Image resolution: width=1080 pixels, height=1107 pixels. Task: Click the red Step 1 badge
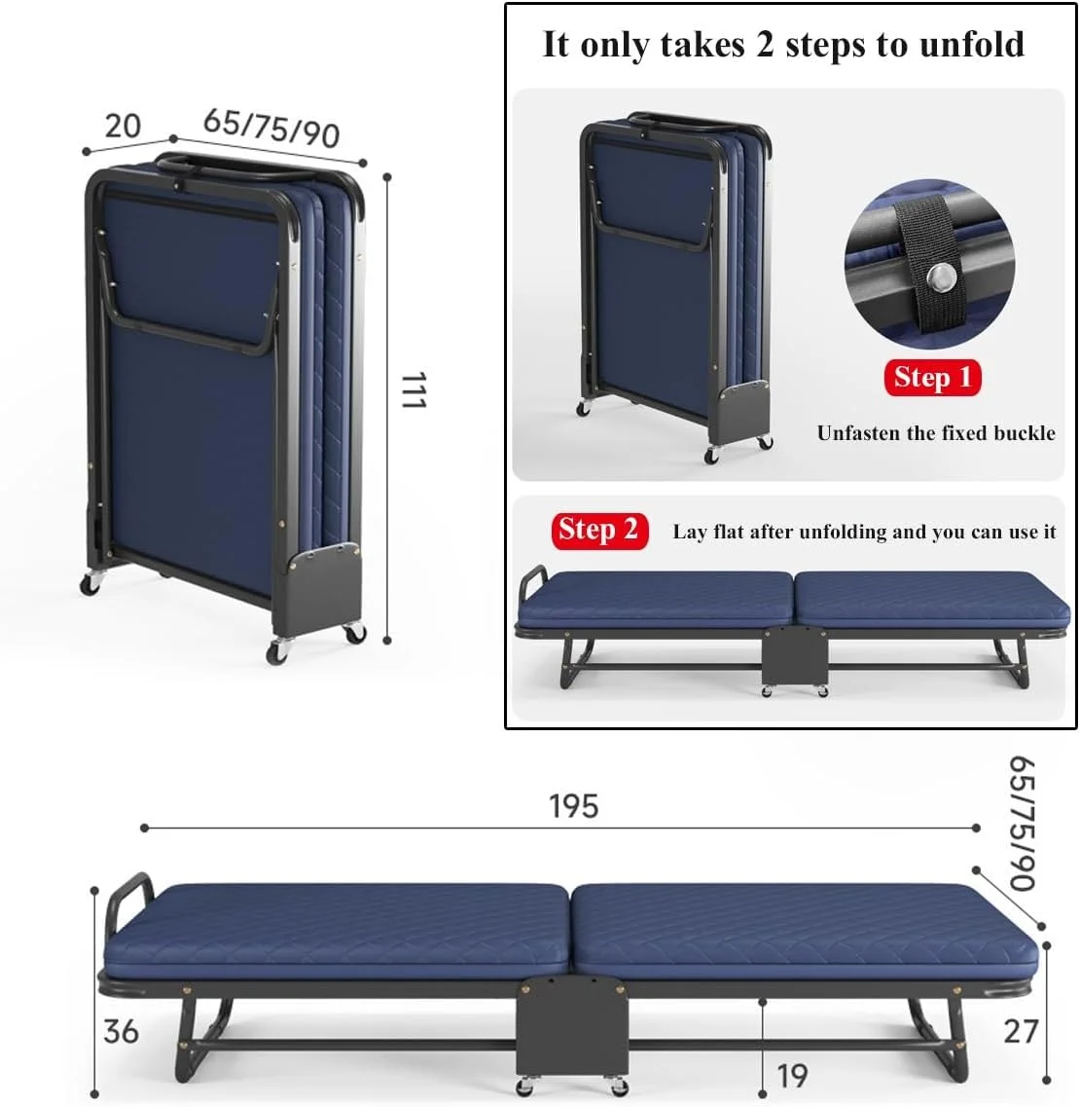[932, 377]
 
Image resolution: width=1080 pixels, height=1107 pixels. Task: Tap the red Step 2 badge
[599, 531]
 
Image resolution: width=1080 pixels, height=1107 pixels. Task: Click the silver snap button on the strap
[939, 277]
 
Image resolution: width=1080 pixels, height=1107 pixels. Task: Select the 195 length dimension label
[573, 806]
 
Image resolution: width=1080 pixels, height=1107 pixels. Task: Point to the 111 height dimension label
[414, 389]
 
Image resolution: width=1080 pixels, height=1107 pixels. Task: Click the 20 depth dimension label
[123, 127]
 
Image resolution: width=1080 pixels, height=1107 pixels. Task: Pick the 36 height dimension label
[121, 1031]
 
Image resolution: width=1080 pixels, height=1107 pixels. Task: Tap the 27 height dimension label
[1021, 1031]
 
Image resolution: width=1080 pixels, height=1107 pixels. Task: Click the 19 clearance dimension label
[791, 1076]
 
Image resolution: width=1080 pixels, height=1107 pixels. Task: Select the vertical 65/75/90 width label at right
[1023, 823]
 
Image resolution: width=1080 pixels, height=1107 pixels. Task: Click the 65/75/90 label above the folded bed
[271, 128]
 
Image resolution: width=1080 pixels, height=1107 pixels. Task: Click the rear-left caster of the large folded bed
[90, 582]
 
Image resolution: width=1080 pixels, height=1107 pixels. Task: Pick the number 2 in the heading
[765, 45]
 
